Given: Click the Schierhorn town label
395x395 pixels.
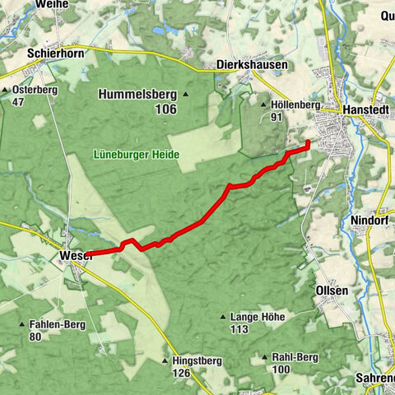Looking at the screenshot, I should tap(55, 52).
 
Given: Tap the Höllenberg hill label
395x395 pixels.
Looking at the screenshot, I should tap(293, 105).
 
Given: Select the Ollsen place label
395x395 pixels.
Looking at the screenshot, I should tap(332, 290).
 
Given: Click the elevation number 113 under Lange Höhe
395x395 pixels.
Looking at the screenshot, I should tap(239, 330).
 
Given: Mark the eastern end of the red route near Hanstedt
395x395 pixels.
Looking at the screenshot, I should tap(308, 143).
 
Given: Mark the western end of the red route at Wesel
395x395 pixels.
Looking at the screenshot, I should tap(86, 254).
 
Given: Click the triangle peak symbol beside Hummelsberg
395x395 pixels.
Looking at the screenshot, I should tap(186, 95).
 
